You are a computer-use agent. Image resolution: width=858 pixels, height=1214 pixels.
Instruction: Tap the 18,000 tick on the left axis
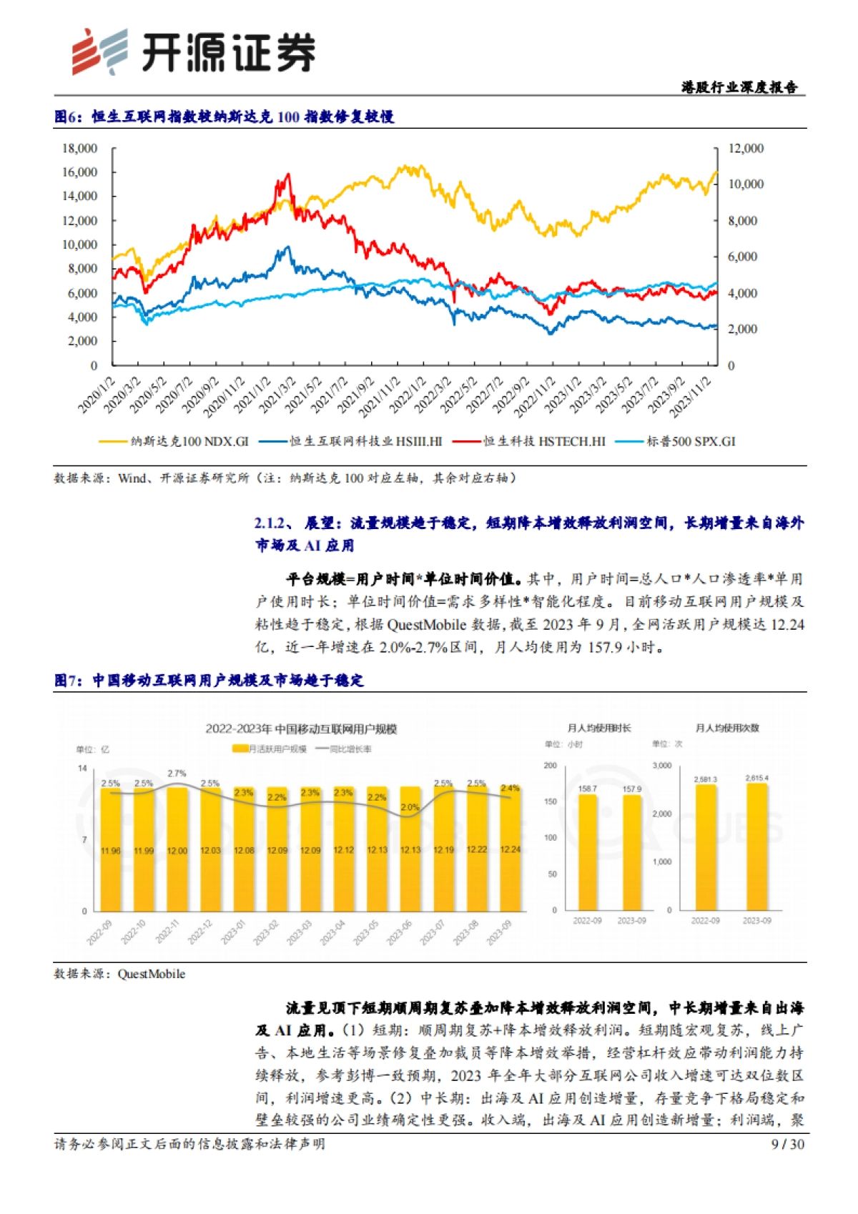(x=79, y=149)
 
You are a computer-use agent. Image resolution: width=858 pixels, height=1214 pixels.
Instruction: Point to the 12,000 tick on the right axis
(x=746, y=149)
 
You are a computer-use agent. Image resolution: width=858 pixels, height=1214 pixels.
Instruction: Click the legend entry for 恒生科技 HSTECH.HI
(x=543, y=442)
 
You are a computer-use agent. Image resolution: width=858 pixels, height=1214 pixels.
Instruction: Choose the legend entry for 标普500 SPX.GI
(x=690, y=442)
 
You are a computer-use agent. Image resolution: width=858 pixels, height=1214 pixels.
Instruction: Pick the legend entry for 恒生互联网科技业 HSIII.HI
(x=365, y=442)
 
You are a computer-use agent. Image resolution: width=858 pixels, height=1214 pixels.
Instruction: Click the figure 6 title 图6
(x=69, y=117)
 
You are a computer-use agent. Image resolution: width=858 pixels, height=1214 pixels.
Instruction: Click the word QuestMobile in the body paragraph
(x=426, y=625)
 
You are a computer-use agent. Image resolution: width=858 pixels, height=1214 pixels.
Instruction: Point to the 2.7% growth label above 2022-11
(x=177, y=774)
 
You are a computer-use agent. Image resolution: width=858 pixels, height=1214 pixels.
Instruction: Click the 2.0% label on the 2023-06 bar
(x=410, y=807)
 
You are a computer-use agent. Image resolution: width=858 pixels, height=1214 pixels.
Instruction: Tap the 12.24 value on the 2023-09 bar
(x=511, y=849)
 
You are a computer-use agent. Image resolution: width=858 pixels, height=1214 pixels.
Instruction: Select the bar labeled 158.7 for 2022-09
(x=588, y=851)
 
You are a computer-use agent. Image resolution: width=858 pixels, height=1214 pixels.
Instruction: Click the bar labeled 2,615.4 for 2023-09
(x=756, y=847)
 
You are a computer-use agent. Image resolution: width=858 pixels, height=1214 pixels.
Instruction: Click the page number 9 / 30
(x=788, y=1145)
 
